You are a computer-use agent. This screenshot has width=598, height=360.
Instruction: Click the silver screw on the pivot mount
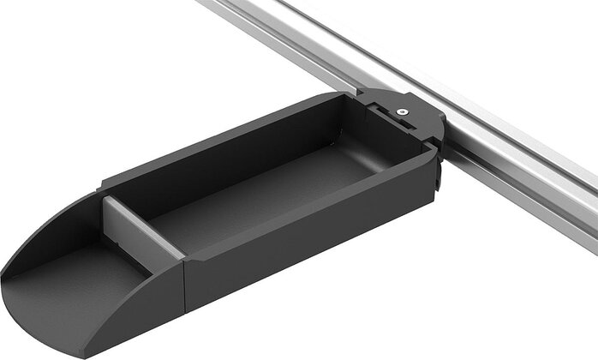pyautogui.click(x=401, y=111)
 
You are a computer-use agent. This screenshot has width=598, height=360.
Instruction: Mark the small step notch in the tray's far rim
pyautogui.click(x=102, y=183)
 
